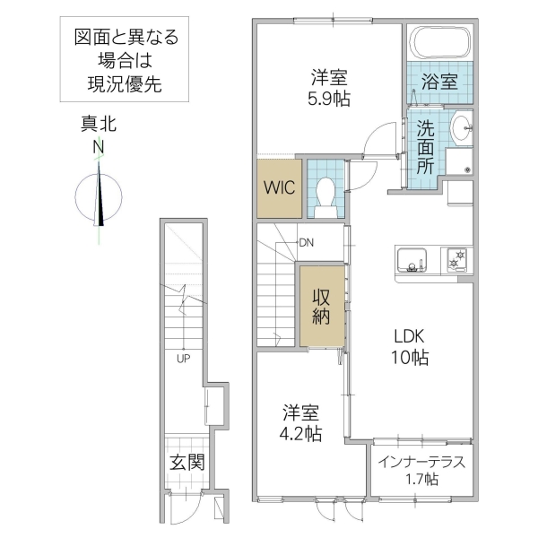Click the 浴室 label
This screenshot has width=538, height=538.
coord(439,81)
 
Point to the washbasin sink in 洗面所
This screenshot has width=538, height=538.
coord(462,128)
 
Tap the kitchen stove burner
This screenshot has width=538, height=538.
coord(458,259)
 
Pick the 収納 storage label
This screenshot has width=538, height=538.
coord(320,307)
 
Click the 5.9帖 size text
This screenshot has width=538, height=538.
coord(331,100)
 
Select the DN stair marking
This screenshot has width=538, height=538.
coord(306,242)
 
